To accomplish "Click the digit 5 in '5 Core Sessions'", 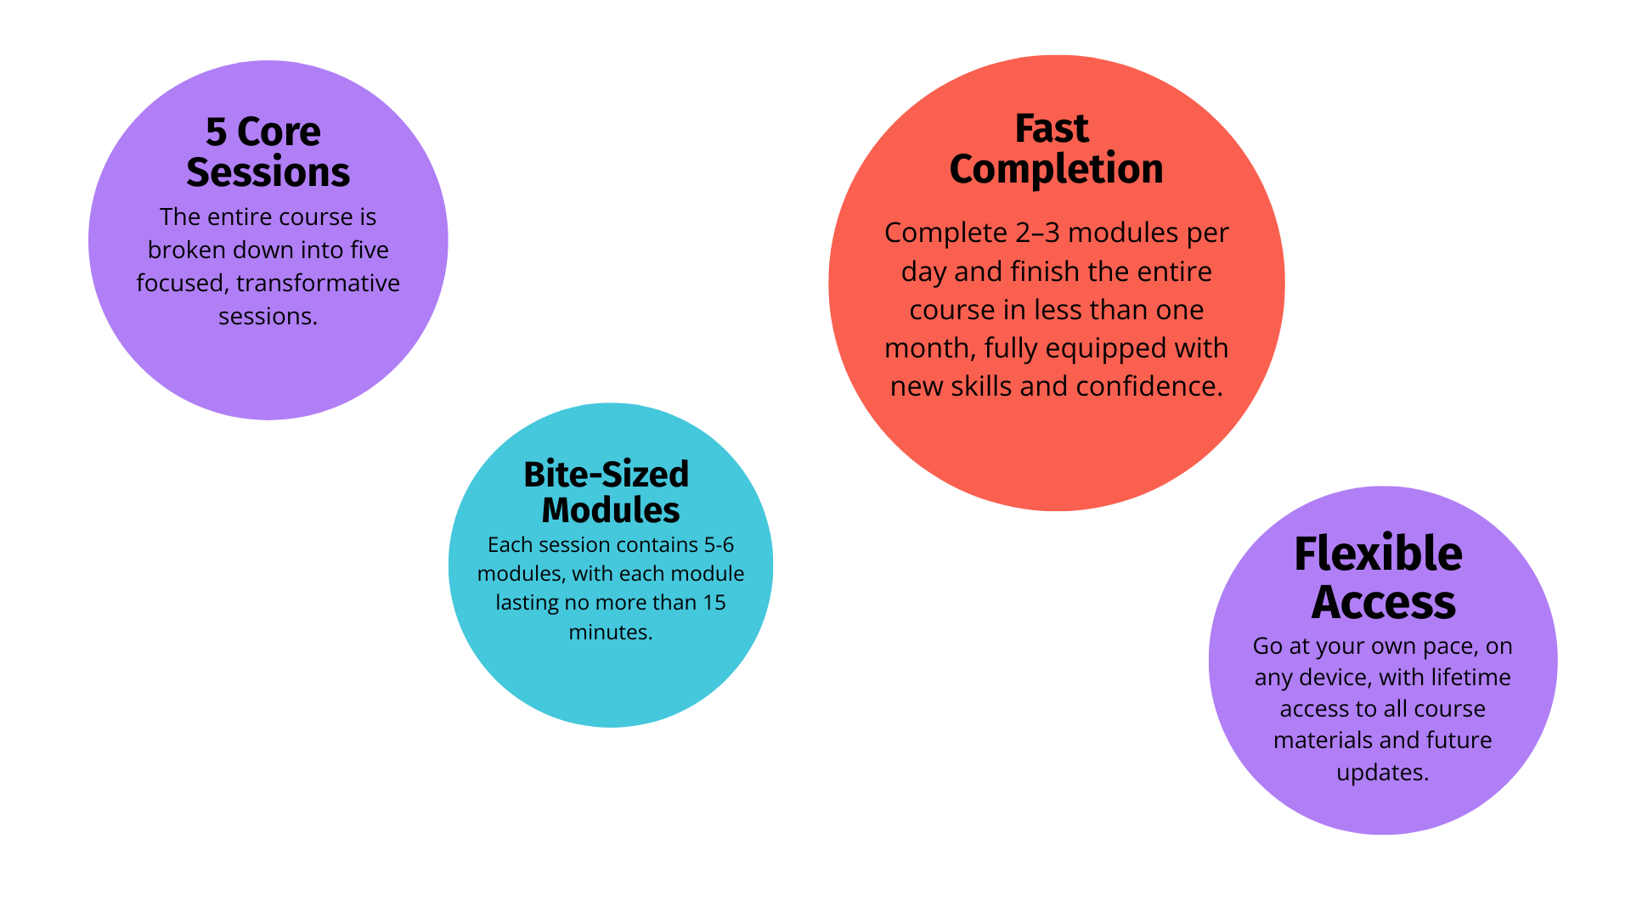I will [x=217, y=133].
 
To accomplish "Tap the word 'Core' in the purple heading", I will [x=279, y=132].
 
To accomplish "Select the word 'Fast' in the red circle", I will [x=1052, y=129].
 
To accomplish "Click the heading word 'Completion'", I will [x=1056, y=169].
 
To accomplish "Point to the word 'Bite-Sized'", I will [x=606, y=475].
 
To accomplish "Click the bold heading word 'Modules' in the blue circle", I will [x=610, y=510].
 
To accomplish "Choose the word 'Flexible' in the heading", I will [x=1378, y=554].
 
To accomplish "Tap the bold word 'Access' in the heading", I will [x=1383, y=603].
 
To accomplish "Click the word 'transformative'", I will [x=318, y=283].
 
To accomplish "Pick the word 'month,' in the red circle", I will [x=930, y=348].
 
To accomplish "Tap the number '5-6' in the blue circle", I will [x=719, y=544].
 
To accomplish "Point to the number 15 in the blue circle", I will [x=714, y=603].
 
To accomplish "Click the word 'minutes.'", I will [x=610, y=633].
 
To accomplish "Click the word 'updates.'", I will [x=1382, y=773].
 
